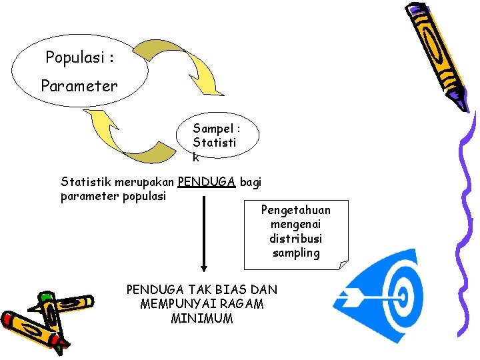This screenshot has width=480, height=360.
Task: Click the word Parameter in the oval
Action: click(79, 86)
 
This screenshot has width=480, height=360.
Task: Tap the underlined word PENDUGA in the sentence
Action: click(207, 181)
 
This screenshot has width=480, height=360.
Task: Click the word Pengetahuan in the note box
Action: click(295, 210)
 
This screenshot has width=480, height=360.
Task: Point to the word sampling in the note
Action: click(295, 253)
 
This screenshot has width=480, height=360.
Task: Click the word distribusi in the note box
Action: click(295, 239)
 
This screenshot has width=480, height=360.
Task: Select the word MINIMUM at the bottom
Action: click(202, 318)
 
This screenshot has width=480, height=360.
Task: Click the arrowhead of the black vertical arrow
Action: click(203, 265)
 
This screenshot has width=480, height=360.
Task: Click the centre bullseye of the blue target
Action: click(402, 294)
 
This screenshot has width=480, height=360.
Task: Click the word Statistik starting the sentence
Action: click(86, 181)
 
